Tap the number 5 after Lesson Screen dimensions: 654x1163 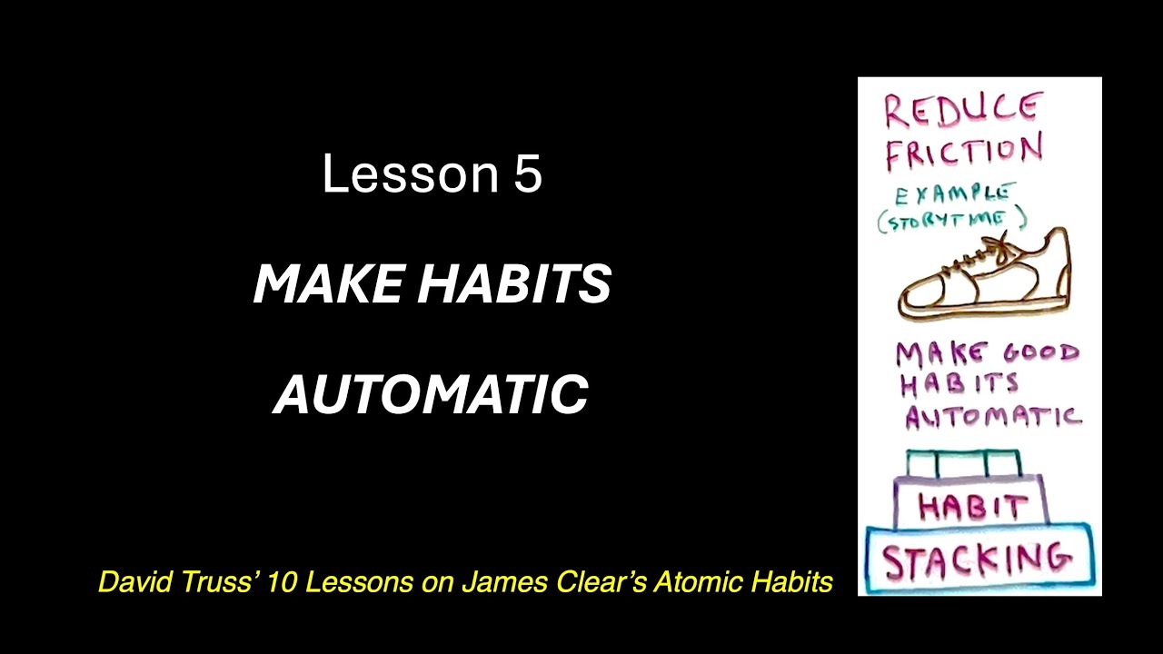[x=528, y=173]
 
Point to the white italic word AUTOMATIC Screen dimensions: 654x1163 [x=432, y=394]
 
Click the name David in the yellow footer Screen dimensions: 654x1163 [x=128, y=582]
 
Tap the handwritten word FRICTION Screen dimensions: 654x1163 [x=963, y=152]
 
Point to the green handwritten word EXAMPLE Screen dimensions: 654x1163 [x=953, y=193]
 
